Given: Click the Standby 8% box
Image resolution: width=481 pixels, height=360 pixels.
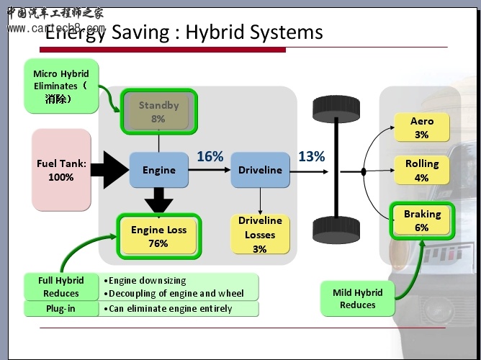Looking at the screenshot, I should tap(158, 112).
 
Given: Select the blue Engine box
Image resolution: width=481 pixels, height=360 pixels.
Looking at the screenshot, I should tap(158, 170).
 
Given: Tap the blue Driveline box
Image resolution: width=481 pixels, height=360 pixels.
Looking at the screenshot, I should tap(260, 170).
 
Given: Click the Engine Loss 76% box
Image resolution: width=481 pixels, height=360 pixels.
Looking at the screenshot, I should tap(158, 236).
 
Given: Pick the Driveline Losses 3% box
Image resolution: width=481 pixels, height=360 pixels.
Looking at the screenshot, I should tap(260, 234).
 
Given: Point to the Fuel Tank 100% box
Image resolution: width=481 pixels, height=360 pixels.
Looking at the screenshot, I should tap(61, 170).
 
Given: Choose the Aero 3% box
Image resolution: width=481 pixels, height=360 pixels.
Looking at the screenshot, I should tap(421, 127).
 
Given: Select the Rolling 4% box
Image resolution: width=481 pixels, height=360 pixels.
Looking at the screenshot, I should tap(421, 171).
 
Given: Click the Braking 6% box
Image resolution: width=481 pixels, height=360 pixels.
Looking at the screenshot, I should tap(421, 220).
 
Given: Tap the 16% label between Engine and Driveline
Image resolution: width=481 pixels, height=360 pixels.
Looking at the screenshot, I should tap(210, 156).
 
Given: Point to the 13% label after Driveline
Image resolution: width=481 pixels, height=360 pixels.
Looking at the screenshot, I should tap(311, 156).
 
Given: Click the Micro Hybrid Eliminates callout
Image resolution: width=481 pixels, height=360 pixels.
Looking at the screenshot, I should tap(61, 86).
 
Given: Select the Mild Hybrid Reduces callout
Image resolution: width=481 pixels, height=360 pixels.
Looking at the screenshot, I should tap(358, 299).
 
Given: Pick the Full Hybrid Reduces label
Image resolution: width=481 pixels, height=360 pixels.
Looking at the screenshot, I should tap(61, 287).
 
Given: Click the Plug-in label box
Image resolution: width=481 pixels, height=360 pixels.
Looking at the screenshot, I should tap(61, 309).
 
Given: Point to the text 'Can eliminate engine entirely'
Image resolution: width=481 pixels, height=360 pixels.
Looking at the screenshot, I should tap(171, 309).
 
